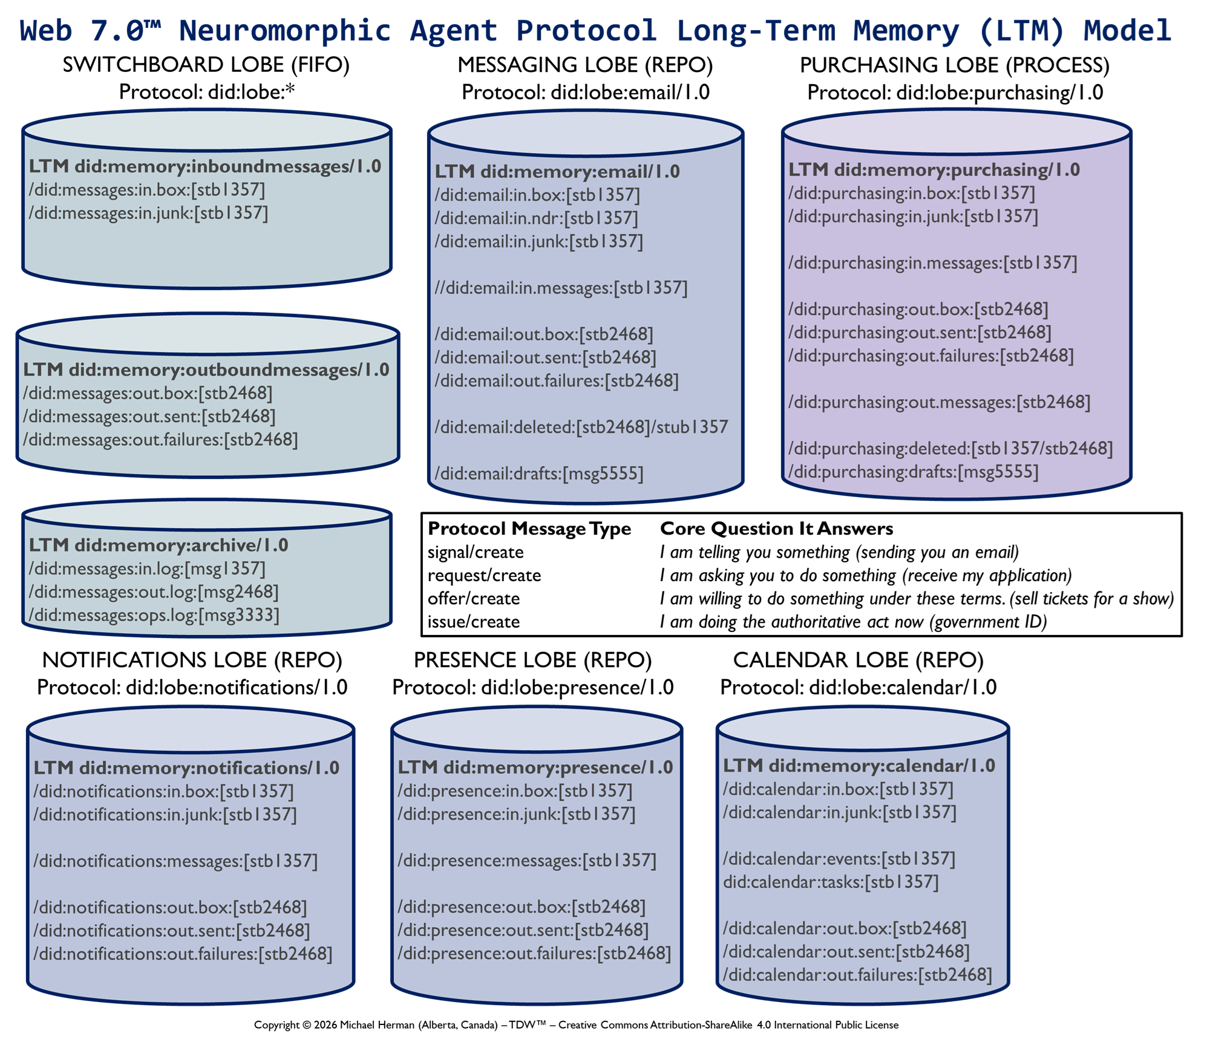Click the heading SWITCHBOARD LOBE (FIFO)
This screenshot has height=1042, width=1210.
coord(206,65)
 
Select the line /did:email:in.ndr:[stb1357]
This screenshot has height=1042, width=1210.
coord(536,218)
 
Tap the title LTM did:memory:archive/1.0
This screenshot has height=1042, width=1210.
coord(159,545)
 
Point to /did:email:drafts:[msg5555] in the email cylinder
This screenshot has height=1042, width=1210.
coord(538,474)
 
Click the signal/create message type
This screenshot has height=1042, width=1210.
coord(475,552)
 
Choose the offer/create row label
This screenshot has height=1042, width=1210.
coord(473,599)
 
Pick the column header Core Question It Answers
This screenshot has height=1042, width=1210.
coord(776,529)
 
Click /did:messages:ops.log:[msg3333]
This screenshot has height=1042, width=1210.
coord(154,615)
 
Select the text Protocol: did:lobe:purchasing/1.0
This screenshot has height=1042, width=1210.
coord(955,93)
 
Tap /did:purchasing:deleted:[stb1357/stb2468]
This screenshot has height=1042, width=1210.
coord(950,449)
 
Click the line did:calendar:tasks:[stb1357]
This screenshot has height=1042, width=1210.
coord(831,882)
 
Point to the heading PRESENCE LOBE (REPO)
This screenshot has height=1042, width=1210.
coord(532,660)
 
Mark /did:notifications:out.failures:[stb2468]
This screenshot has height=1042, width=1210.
coord(183,954)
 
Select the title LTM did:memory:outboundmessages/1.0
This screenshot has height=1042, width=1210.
coord(206,370)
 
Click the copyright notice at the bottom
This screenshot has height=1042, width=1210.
coord(576,1024)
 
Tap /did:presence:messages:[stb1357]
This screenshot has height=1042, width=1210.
coord(526,861)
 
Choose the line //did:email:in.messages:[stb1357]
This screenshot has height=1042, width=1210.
coord(561,288)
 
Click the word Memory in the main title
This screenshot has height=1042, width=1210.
coord(906,30)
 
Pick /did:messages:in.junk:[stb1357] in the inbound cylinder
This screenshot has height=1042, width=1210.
coord(148,213)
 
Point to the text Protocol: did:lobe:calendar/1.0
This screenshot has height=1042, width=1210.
coord(858,688)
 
